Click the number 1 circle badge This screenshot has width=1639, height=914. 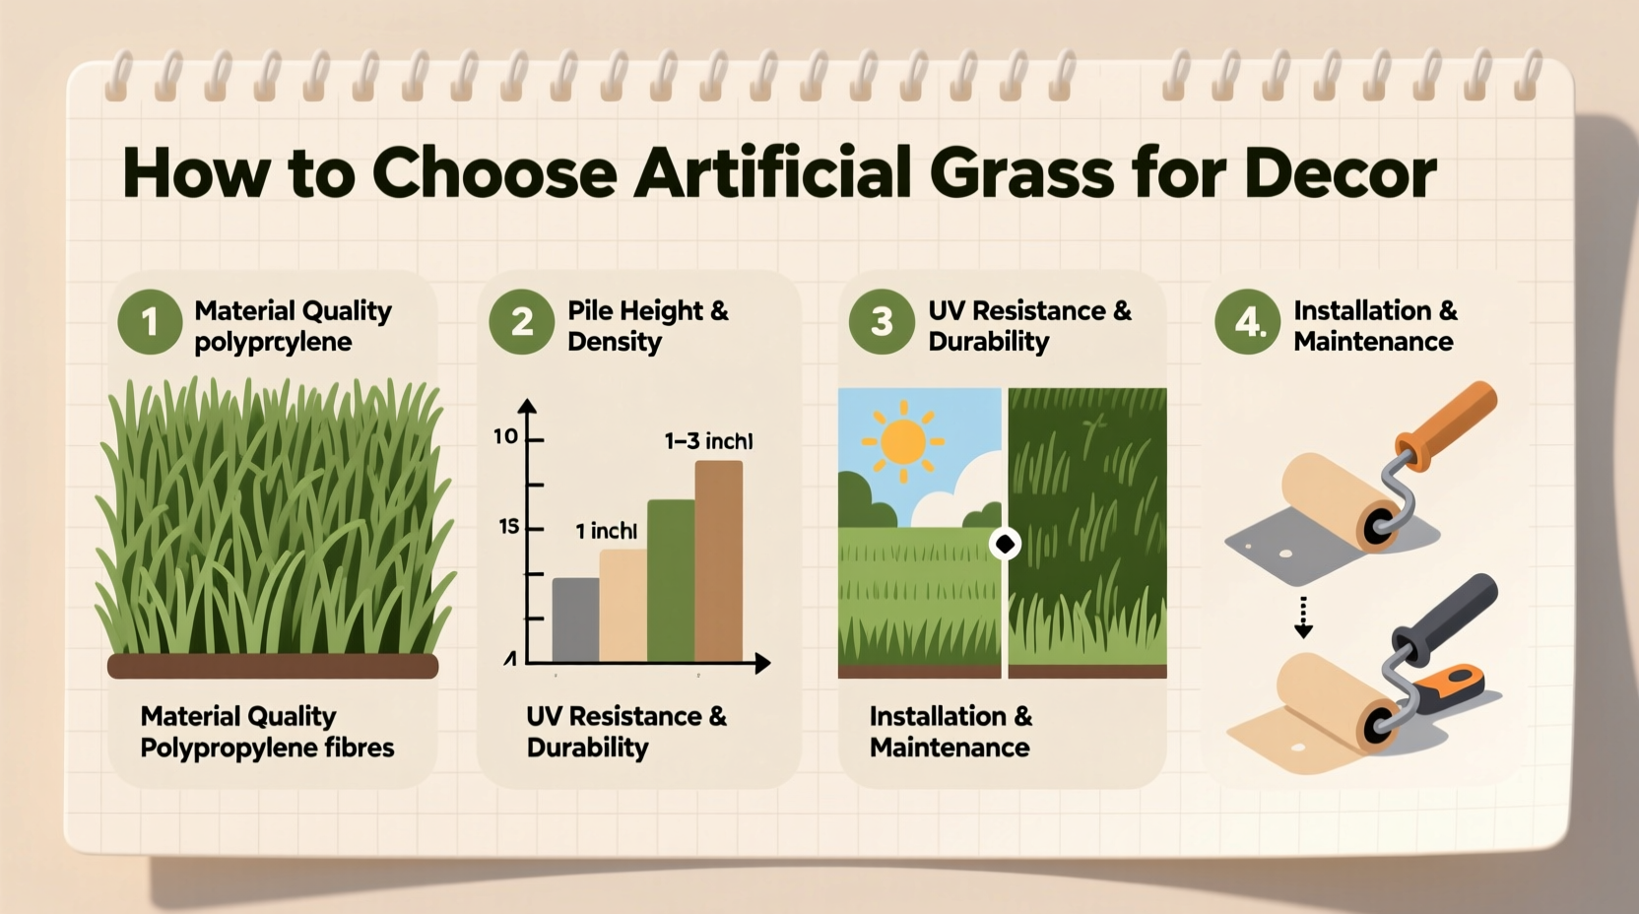tap(150, 322)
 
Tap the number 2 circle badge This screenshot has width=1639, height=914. tap(522, 322)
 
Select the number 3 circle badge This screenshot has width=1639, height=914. tap(882, 322)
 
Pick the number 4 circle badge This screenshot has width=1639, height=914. tap(1247, 322)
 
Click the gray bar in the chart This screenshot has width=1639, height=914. tap(575, 620)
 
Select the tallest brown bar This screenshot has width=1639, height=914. tap(719, 560)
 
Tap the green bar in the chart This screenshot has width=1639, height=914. tap(671, 580)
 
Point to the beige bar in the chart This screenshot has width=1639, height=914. tap(623, 605)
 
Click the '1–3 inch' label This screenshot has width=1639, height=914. tap(708, 441)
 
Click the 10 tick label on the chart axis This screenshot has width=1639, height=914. tap(505, 436)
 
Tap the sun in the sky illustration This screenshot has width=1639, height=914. tap(903, 441)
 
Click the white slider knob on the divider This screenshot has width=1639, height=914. tap(1005, 544)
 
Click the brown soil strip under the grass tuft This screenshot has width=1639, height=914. tap(273, 667)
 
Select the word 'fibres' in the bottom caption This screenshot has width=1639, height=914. tap(359, 748)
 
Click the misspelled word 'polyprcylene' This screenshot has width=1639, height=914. tap(273, 342)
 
